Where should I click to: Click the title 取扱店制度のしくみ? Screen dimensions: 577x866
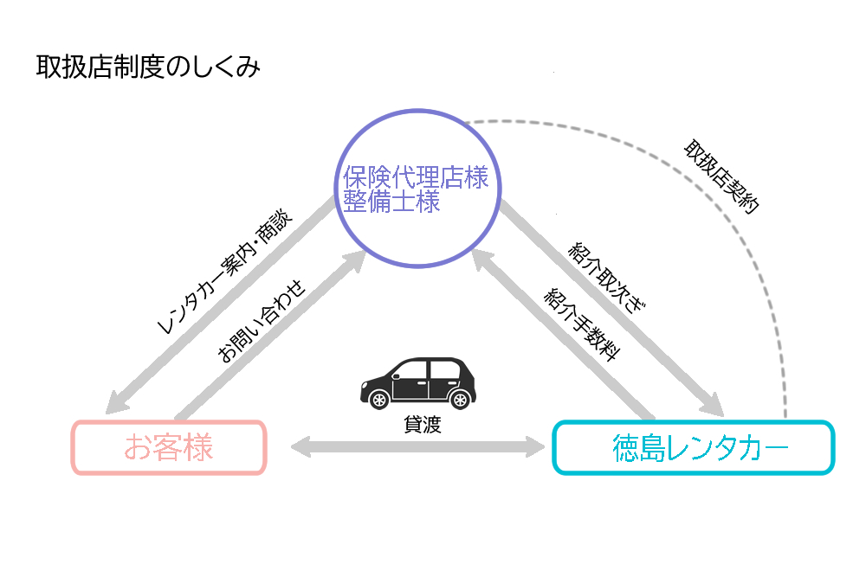point(148,67)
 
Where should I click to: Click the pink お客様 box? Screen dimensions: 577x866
point(169,447)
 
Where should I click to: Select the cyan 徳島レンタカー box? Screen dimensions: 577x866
point(693,447)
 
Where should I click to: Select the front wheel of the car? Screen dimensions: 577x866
point(379,399)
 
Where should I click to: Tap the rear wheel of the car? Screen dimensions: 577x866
point(459,399)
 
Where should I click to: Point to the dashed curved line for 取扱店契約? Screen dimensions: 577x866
point(762,251)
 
